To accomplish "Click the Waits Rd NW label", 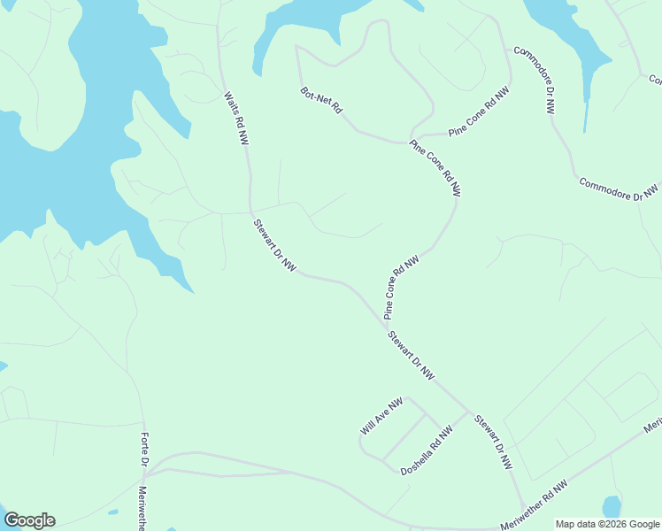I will (235, 119).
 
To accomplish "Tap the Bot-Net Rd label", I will (321, 100).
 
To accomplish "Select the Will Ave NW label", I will (381, 416).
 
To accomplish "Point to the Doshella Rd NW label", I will (427, 449).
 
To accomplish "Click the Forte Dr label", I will (145, 452).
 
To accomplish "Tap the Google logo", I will (29, 520).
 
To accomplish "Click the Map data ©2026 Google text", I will (607, 524).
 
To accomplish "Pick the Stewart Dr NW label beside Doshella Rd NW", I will (492, 442).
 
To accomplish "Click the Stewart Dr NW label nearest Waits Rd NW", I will (273, 246).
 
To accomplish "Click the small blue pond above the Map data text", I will (612, 507).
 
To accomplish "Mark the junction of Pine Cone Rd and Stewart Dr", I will (382, 322).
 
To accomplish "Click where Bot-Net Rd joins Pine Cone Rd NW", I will (409, 142).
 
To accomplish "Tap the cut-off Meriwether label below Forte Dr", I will (142, 508).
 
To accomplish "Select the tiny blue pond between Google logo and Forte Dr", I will (112, 512).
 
